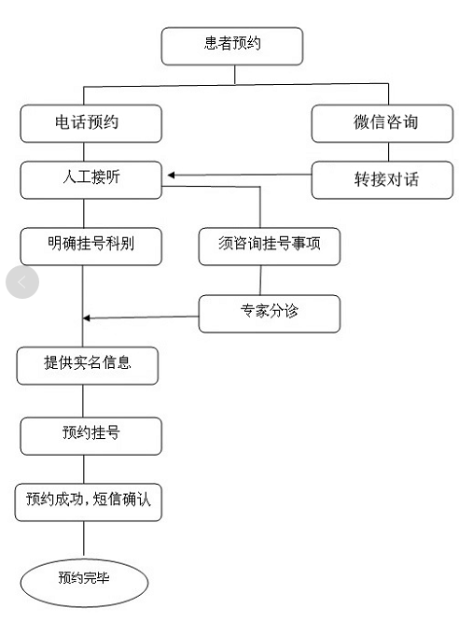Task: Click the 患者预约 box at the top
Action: pos(232,46)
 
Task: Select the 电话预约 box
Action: pos(91,123)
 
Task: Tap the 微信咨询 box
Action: pos(382,123)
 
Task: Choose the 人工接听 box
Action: pos(91,179)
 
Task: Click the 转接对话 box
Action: pos(382,179)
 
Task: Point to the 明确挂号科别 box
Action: pos(91,247)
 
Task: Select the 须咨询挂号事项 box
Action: pos(270,247)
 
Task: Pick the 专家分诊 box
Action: pos(270,314)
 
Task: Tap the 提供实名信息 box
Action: pos(88,366)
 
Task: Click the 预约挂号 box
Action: pos(91,436)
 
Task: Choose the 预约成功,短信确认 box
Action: pos(89,502)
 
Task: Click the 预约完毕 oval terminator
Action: pos(84,583)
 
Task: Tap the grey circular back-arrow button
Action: pos(22,282)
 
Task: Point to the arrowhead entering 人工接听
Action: pos(171,175)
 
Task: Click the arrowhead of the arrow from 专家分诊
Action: pos(86,318)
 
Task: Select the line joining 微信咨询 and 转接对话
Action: pos(388,152)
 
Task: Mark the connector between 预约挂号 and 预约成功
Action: pos(84,469)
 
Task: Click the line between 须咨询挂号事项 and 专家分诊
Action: pos(260,280)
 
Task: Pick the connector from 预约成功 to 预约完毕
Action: pos(84,539)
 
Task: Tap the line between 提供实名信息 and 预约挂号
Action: pos(83,401)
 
